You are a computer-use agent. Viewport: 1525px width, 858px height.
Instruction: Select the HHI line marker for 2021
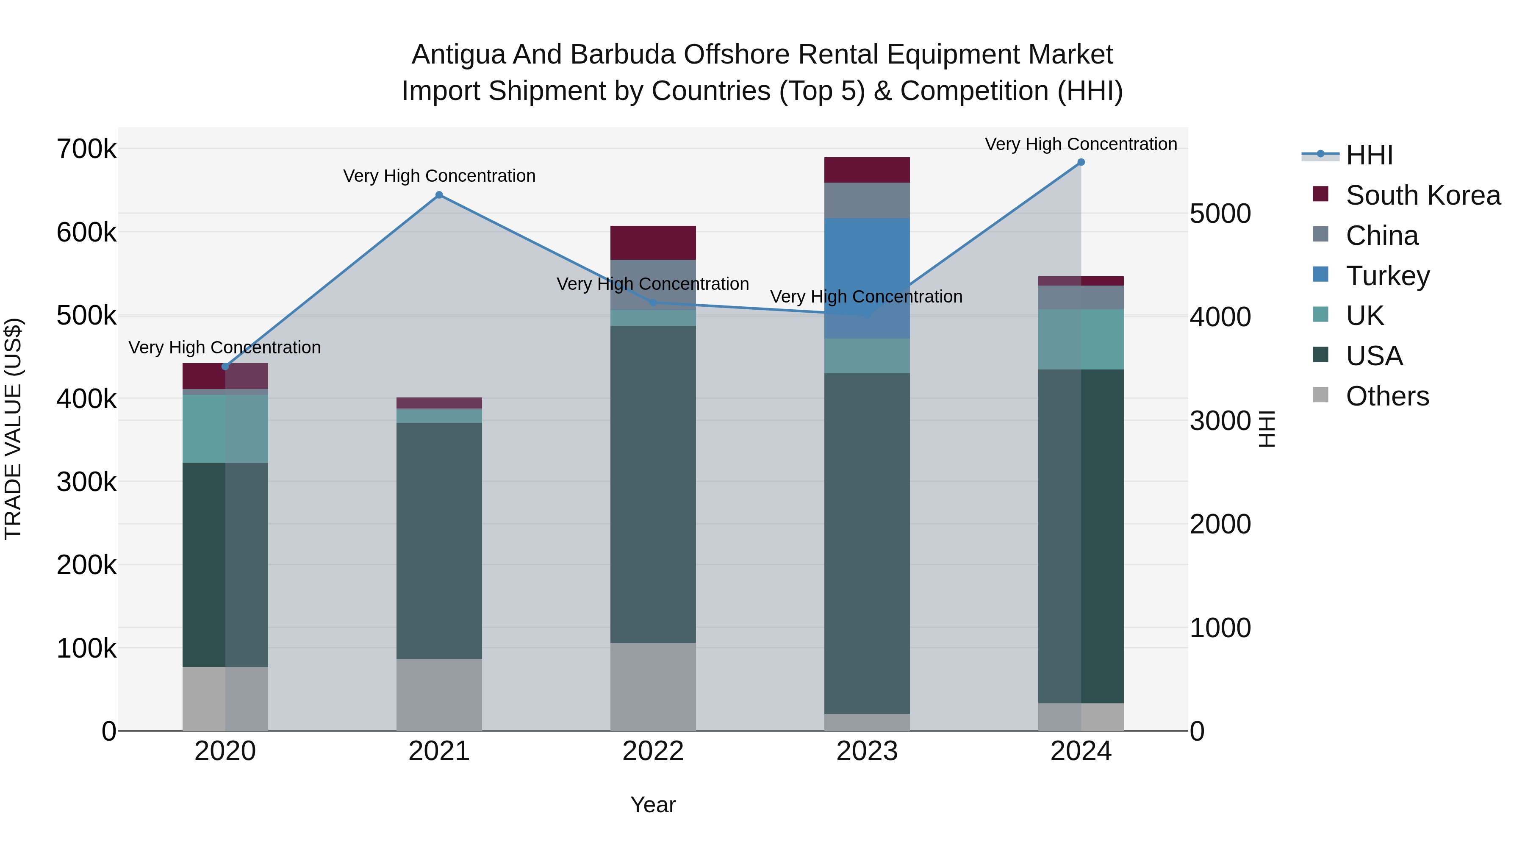[x=439, y=195]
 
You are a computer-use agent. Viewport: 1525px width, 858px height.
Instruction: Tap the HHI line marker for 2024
[x=1081, y=162]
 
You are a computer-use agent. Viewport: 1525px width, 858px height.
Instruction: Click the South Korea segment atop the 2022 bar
[x=653, y=242]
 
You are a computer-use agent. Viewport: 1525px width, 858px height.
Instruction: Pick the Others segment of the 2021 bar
[x=439, y=694]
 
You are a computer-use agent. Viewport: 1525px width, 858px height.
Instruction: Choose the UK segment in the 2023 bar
[x=867, y=355]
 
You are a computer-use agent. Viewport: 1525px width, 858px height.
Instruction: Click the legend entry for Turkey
[x=1387, y=275]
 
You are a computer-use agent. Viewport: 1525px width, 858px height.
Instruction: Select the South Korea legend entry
[x=1422, y=195]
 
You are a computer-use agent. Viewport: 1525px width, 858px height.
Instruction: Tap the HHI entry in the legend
[x=1369, y=155]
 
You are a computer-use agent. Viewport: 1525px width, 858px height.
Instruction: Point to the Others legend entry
[x=1387, y=396]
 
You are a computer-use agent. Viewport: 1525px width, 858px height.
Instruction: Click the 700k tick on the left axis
[x=86, y=149]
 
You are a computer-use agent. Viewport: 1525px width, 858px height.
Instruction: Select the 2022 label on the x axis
[x=653, y=751]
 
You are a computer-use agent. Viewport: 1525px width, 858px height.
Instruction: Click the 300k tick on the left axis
[x=86, y=482]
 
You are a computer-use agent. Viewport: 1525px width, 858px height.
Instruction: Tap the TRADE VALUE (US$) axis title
[x=13, y=429]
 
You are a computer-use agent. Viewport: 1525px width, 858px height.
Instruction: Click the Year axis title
[x=653, y=805]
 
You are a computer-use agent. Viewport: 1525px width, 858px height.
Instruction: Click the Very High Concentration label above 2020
[x=225, y=347]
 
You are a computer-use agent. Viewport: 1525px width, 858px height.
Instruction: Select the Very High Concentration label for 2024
[x=1081, y=144]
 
